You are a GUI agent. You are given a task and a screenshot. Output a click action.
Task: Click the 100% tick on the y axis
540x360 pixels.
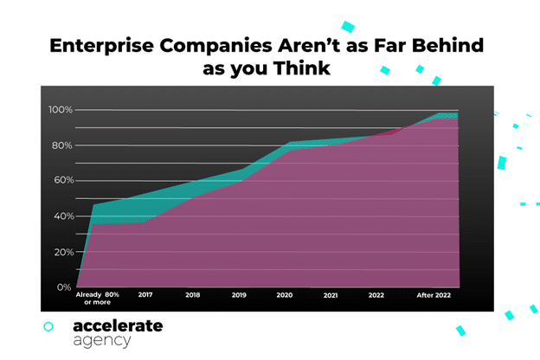click(60, 110)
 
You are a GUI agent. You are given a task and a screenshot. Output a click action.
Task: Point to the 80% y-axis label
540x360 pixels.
click(61, 145)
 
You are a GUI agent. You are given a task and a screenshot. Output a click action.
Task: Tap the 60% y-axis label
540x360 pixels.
click(61, 181)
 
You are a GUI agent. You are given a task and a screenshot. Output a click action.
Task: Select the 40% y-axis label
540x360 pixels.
click(61, 216)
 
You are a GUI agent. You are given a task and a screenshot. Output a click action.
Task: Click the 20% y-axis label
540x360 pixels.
click(61, 252)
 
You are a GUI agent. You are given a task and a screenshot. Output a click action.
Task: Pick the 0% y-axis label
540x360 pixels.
click(64, 287)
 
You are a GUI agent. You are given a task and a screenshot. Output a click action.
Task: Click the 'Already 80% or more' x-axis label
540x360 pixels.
click(98, 299)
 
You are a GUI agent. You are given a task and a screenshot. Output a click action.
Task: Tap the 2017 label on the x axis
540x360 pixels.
click(145, 295)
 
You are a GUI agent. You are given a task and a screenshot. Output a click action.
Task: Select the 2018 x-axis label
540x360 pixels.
click(192, 295)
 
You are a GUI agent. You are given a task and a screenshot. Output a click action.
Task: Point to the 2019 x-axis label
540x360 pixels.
click(239, 295)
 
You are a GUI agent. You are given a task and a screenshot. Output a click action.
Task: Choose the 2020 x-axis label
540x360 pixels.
click(285, 295)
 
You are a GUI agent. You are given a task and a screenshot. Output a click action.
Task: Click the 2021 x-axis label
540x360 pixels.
click(330, 295)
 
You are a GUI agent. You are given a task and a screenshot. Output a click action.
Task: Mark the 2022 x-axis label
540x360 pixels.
click(376, 295)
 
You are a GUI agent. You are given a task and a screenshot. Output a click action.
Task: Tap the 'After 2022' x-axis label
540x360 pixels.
click(434, 295)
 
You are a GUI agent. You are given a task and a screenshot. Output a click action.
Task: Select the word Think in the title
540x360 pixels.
click(302, 67)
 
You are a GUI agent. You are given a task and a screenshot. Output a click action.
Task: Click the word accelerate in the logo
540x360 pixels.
click(118, 325)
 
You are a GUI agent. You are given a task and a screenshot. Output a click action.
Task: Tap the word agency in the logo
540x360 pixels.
click(102, 340)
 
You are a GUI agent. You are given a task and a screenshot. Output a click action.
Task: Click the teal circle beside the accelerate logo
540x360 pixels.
click(48, 326)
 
